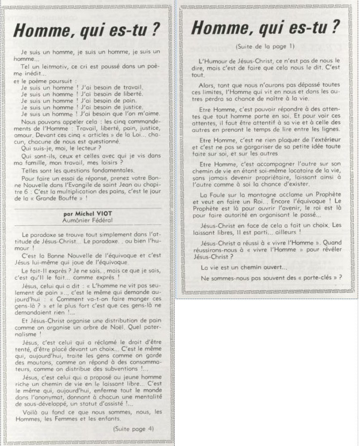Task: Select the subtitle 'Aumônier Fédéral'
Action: click(89, 220)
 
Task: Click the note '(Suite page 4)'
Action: click(134, 428)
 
